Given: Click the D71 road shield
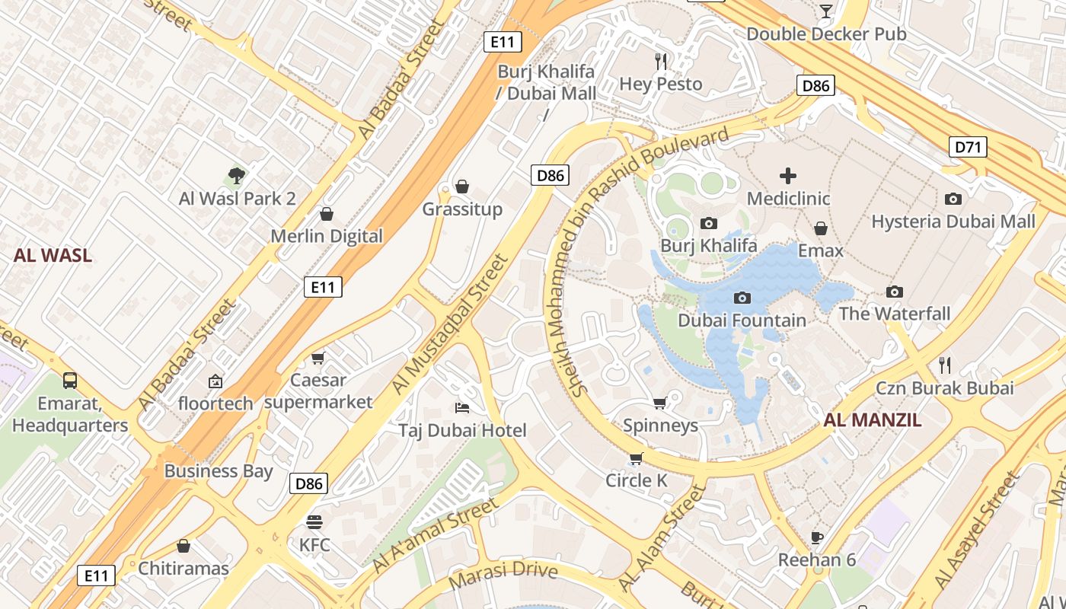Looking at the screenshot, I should pyautogui.click(x=968, y=147).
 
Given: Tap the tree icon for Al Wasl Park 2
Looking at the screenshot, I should pyautogui.click(x=237, y=176).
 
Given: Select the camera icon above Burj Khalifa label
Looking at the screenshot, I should pyautogui.click(x=709, y=223).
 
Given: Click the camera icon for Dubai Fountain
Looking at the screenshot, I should pyautogui.click(x=742, y=298).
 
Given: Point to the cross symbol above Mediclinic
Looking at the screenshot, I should pyautogui.click(x=788, y=177).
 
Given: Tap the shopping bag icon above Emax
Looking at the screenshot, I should pyautogui.click(x=821, y=228).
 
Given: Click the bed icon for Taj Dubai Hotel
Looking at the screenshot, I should pyautogui.click(x=461, y=408).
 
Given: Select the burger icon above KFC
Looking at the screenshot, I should pyautogui.click(x=314, y=522).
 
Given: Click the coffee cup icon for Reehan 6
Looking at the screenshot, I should pyautogui.click(x=817, y=537).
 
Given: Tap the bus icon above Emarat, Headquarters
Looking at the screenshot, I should pyautogui.click(x=69, y=380).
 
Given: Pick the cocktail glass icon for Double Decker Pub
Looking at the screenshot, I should pyautogui.click(x=826, y=11).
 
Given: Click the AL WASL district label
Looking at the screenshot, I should pyautogui.click(x=53, y=256).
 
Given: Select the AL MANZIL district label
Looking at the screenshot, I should pyautogui.click(x=873, y=420).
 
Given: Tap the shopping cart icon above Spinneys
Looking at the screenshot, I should pyautogui.click(x=660, y=403).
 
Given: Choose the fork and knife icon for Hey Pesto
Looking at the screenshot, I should pyautogui.click(x=661, y=61).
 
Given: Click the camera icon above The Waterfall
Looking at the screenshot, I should pyautogui.click(x=895, y=292).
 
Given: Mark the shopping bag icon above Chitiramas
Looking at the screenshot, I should pyautogui.click(x=183, y=546).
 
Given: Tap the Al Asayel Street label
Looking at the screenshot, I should pyautogui.click(x=978, y=535).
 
